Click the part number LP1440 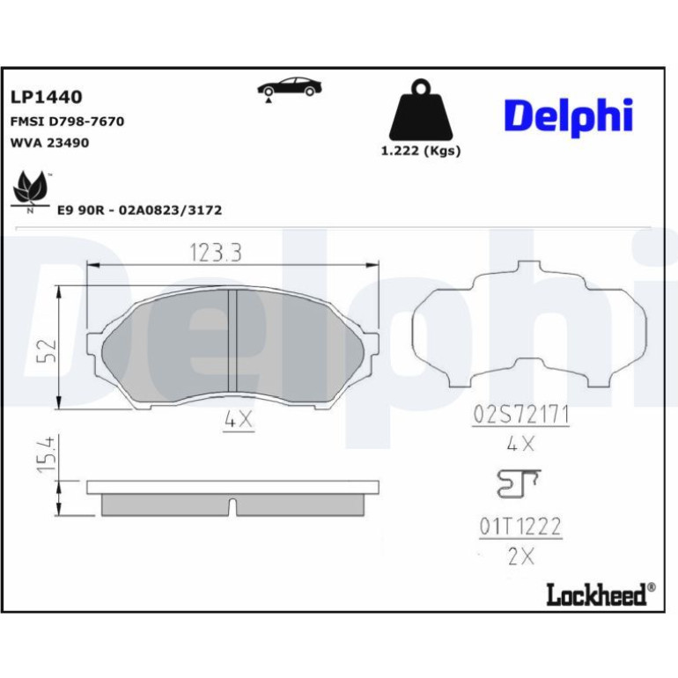pyautogui.click(x=47, y=97)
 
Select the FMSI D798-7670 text pyautogui.click(x=67, y=122)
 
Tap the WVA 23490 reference pyautogui.click(x=49, y=143)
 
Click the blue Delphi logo pyautogui.click(x=569, y=115)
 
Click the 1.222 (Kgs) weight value pyautogui.click(x=421, y=151)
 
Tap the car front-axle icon pyautogui.click(x=290, y=89)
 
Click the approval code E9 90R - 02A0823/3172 pyautogui.click(x=140, y=210)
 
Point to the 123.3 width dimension pyautogui.click(x=216, y=253)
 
